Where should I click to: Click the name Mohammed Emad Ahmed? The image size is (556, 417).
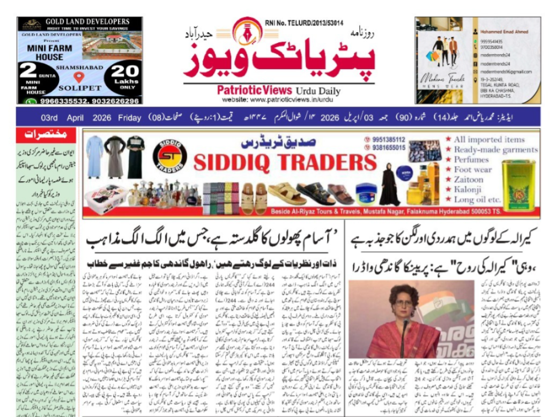[x=503, y=32]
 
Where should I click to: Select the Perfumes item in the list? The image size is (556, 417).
[x=471, y=160]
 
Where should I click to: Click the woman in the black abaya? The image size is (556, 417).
[x=390, y=185]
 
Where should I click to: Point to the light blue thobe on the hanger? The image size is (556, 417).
[x=95, y=156]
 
